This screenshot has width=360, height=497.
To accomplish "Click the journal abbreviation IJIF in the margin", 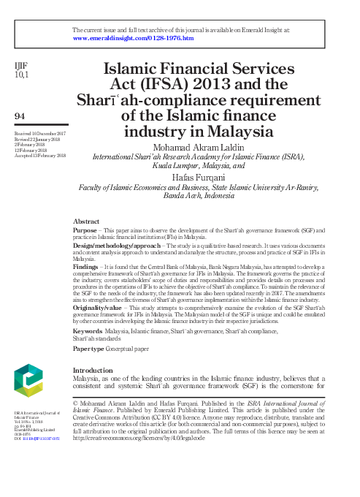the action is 21,66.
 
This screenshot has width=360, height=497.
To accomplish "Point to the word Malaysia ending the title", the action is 241,133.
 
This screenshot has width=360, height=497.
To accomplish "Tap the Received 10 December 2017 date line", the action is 39,134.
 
